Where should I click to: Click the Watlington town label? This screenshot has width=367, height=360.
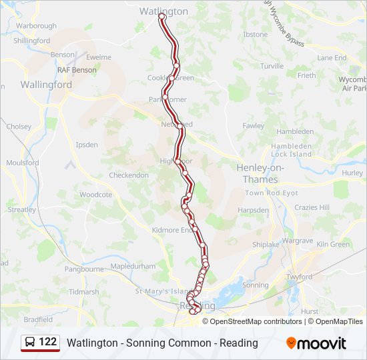(x=163, y=11)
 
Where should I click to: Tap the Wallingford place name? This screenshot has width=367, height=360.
(x=46, y=85)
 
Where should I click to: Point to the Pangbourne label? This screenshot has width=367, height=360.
(x=84, y=269)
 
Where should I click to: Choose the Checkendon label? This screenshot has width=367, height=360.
(x=129, y=175)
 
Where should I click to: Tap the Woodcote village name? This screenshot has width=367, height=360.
(x=95, y=195)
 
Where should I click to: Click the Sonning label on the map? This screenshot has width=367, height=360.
(x=256, y=285)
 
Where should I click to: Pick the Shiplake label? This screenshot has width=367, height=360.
(x=266, y=245)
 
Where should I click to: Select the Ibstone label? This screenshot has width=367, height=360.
(x=256, y=34)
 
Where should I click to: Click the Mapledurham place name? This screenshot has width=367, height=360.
(x=133, y=265)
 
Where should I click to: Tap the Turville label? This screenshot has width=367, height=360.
(x=272, y=66)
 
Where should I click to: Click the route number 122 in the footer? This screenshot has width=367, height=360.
(x=47, y=342)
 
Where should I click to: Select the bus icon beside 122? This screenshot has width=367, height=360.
(x=31, y=342)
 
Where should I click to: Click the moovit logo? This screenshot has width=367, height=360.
(x=316, y=343)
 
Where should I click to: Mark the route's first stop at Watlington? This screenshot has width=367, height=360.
(x=162, y=16)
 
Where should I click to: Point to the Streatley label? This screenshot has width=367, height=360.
(x=21, y=209)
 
